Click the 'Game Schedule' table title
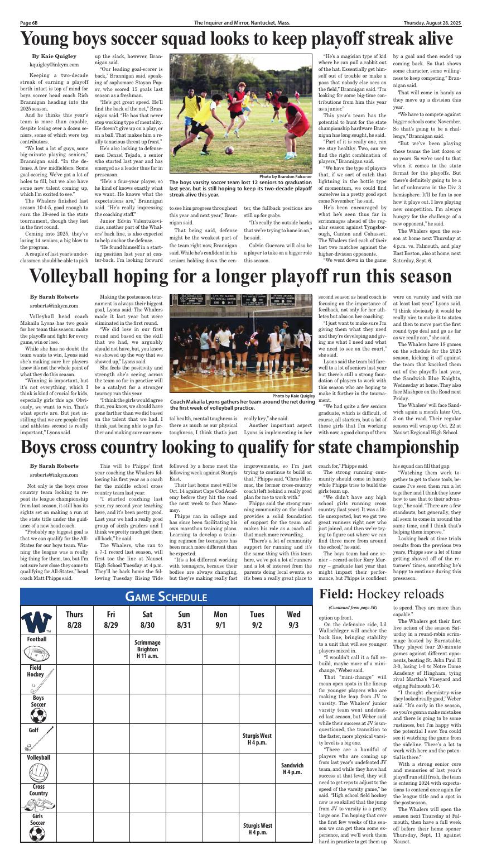(166, 597)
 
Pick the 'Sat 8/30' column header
(147, 620)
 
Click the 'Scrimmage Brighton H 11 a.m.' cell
(147, 649)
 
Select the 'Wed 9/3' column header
(293, 620)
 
